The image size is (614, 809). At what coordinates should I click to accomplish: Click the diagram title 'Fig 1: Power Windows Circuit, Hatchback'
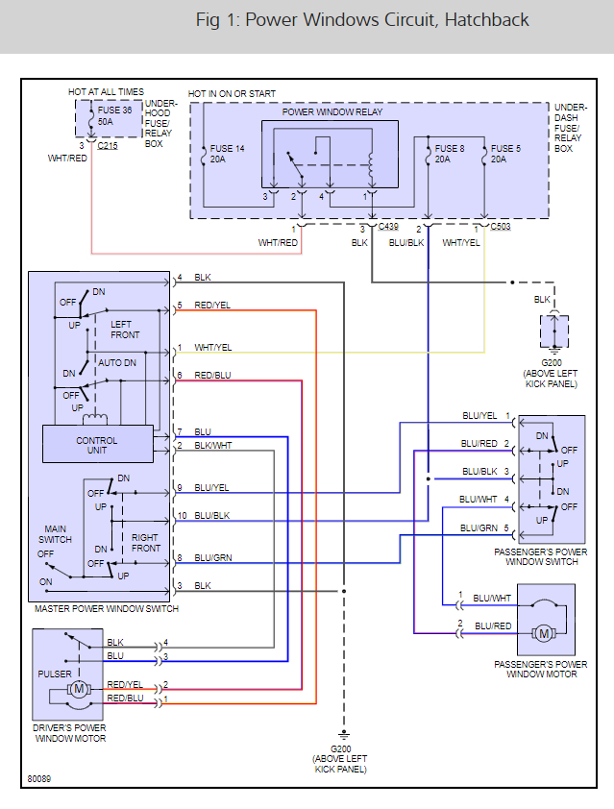tap(361, 20)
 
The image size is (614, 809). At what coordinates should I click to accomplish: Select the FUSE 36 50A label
tap(115, 116)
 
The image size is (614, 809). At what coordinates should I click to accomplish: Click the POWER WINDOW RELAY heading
tap(332, 112)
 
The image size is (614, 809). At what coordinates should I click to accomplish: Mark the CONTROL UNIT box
tap(97, 445)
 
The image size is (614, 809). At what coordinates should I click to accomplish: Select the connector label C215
tap(109, 145)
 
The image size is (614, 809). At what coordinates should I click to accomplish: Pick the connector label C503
tap(500, 227)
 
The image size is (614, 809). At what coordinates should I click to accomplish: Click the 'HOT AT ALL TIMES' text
tap(105, 92)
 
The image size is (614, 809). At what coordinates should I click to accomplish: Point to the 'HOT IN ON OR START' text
tap(232, 93)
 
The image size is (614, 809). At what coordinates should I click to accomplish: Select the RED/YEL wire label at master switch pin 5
tap(212, 306)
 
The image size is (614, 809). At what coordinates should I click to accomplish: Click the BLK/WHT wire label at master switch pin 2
tap(212, 446)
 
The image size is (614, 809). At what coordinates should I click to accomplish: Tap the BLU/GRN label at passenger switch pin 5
tap(479, 528)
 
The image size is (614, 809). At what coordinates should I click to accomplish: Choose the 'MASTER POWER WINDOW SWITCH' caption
tap(106, 609)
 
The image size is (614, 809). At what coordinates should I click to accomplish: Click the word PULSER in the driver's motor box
tap(54, 674)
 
